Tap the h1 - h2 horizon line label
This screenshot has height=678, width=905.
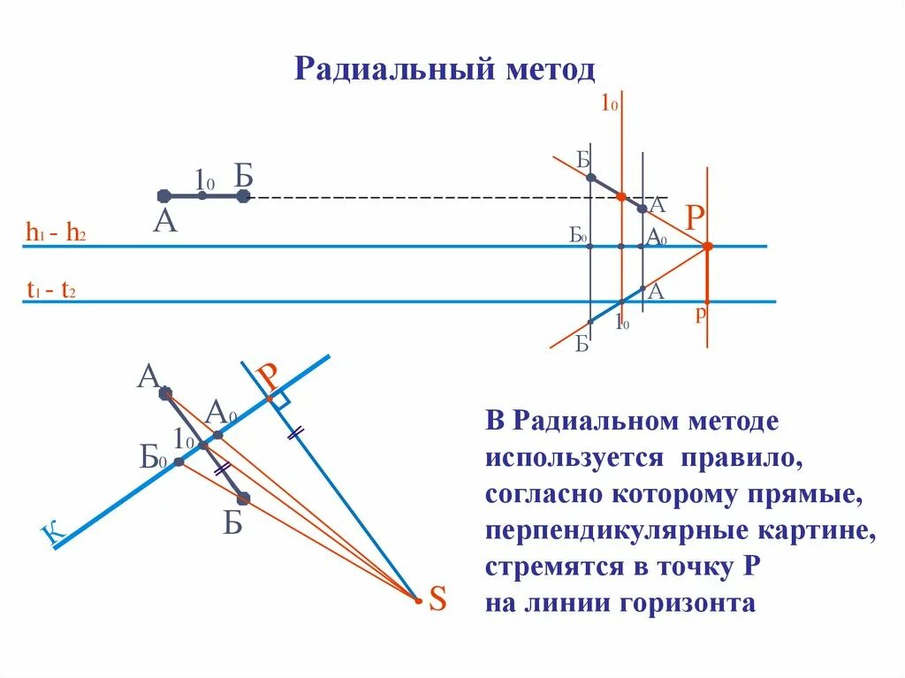(x=56, y=234)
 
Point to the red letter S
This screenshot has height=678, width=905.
(x=437, y=601)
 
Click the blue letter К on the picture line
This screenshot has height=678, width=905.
(x=53, y=532)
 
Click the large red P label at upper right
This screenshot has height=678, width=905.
(x=696, y=217)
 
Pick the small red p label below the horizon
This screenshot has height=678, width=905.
(x=699, y=313)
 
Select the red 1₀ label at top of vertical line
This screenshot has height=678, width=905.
(x=609, y=104)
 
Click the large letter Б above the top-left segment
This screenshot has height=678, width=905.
(x=244, y=175)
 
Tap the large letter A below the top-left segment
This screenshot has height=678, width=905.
(x=164, y=221)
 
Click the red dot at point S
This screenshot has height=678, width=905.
(x=419, y=601)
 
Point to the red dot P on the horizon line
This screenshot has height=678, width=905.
(x=707, y=247)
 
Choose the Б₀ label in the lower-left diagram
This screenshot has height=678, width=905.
(x=153, y=458)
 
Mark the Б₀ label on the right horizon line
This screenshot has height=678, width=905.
(x=579, y=235)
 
